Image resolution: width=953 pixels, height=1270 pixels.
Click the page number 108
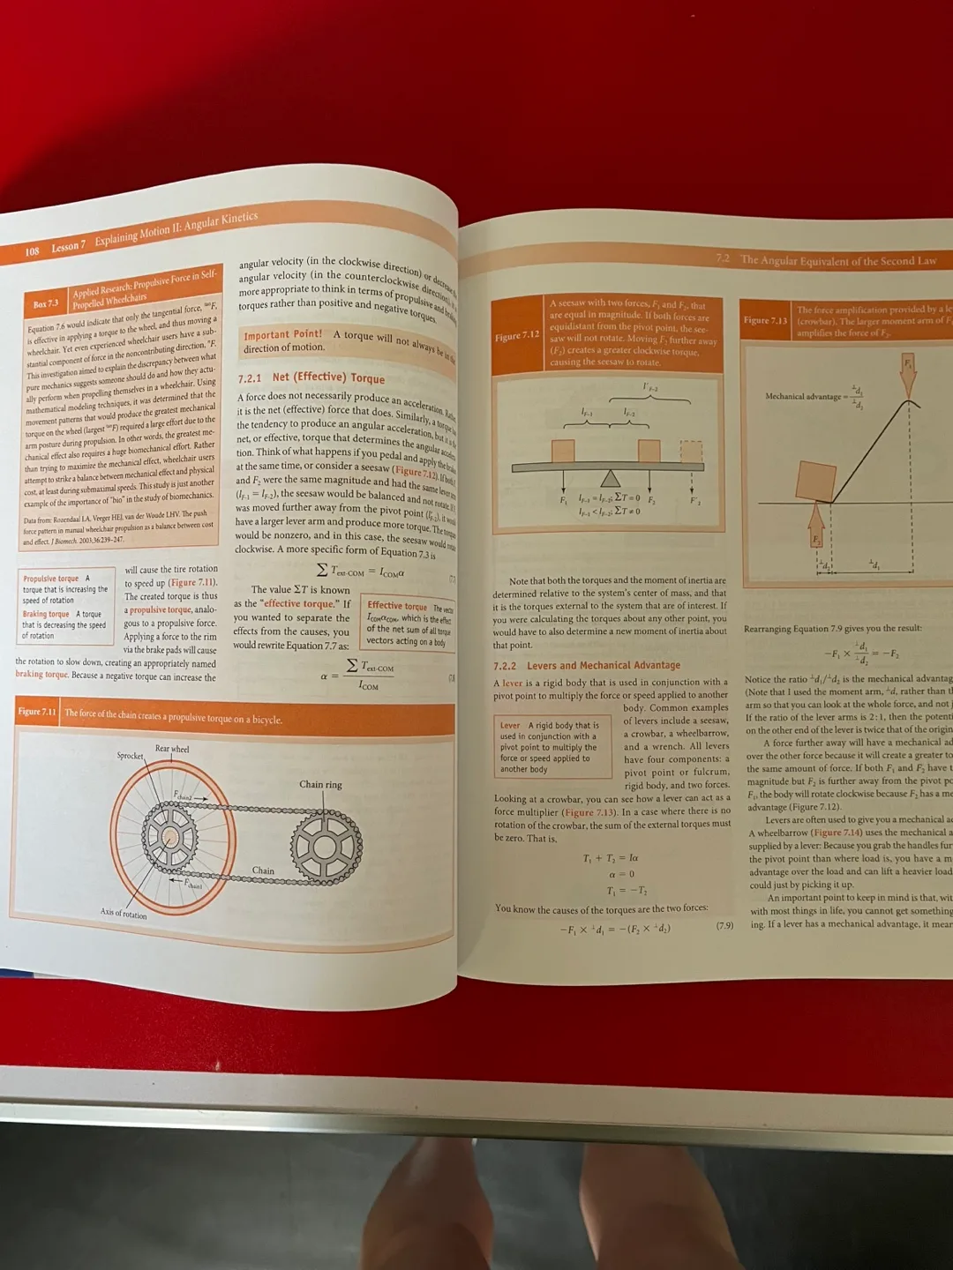pos(32,251)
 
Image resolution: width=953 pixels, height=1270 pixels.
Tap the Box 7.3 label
pos(46,304)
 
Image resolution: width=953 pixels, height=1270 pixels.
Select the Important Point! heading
pos(282,335)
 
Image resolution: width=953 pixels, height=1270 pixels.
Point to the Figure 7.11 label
pos(37,712)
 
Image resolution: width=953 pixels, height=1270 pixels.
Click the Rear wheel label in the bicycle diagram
pos(172,749)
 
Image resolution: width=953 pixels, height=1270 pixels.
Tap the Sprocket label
pos(130,756)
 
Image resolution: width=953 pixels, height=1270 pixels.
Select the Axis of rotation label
pos(124,914)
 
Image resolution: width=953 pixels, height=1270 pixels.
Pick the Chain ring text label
pos(320,784)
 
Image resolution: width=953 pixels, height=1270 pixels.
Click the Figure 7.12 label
pos(517,336)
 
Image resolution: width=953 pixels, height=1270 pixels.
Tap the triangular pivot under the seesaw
pos(610,478)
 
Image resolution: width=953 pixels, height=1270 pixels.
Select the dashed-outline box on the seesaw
pos(691,451)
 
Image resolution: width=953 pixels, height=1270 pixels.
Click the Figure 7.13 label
pos(765,320)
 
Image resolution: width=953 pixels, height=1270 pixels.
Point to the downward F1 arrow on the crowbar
pos(908,375)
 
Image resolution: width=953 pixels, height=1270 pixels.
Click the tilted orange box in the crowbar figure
pos(815,482)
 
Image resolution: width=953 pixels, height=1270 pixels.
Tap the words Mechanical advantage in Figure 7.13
pos(803,397)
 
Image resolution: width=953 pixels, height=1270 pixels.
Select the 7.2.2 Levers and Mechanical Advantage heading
pos(587,666)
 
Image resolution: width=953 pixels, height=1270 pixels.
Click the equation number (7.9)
pos(724,926)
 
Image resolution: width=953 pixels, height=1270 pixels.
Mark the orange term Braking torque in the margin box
pos(46,614)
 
